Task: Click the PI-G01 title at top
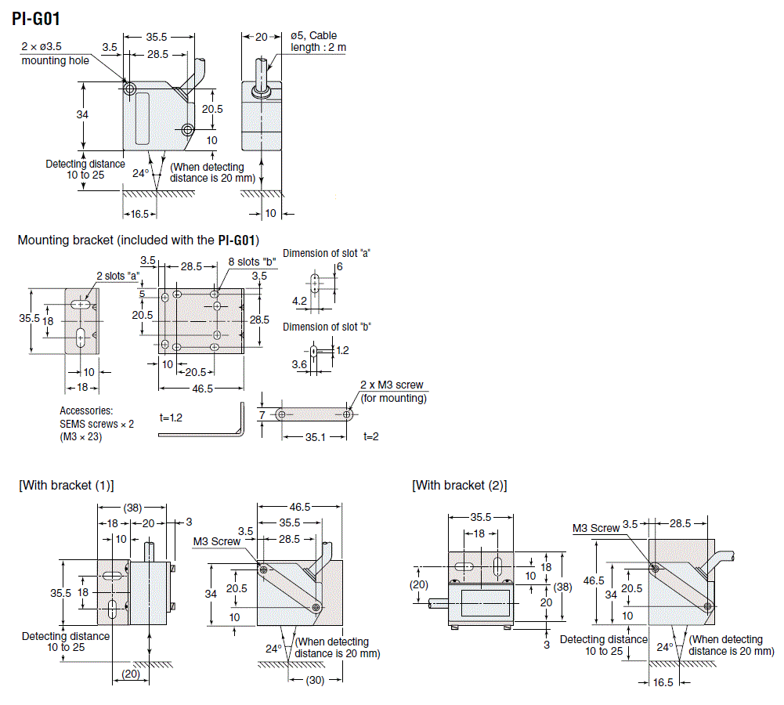[38, 18]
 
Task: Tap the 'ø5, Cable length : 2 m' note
[318, 42]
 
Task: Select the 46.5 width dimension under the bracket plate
[202, 389]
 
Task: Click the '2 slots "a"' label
[117, 276]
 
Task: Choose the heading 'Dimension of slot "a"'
[326, 253]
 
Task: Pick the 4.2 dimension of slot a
[299, 301]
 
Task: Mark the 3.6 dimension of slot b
[299, 364]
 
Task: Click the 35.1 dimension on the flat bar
[314, 436]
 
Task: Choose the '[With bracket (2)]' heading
[460, 486]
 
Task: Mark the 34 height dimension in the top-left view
[82, 114]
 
